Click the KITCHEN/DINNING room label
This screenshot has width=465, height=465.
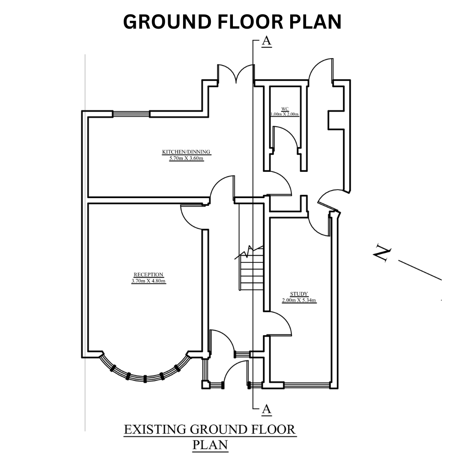click(x=186, y=152)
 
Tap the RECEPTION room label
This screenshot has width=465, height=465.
click(x=148, y=274)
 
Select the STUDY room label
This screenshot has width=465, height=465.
click(x=299, y=294)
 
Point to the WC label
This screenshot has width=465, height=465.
click(x=285, y=109)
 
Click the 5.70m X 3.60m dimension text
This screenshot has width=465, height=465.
click(x=186, y=158)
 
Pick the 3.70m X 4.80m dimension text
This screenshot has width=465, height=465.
click(x=149, y=281)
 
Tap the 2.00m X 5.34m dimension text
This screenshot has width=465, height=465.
click(x=299, y=300)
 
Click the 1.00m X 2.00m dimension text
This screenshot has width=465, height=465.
click(x=284, y=114)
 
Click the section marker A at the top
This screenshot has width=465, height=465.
click(x=267, y=41)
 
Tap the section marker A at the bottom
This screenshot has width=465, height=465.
click(x=267, y=409)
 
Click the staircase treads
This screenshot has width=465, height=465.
click(x=252, y=272)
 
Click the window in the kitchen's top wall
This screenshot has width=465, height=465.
click(x=131, y=114)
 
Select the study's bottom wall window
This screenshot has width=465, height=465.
click(x=307, y=385)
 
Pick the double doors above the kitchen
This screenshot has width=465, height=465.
click(x=235, y=73)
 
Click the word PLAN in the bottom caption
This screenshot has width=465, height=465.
click(x=210, y=445)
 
